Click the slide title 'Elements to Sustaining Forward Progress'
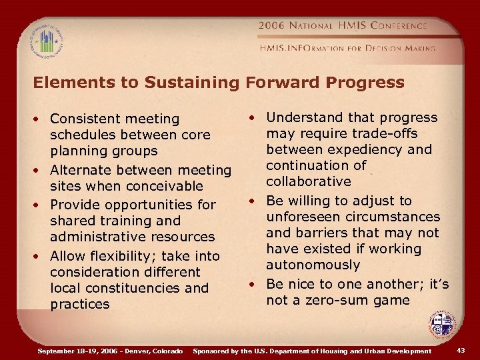click(x=219, y=83)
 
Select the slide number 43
click(x=462, y=351)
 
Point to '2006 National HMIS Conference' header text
click(x=343, y=26)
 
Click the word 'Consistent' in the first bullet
click(x=82, y=119)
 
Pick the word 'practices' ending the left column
click(x=79, y=304)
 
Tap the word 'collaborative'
click(x=308, y=181)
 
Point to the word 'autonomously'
click(x=313, y=265)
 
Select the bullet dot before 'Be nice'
click(x=253, y=285)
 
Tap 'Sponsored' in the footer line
click(x=214, y=351)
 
